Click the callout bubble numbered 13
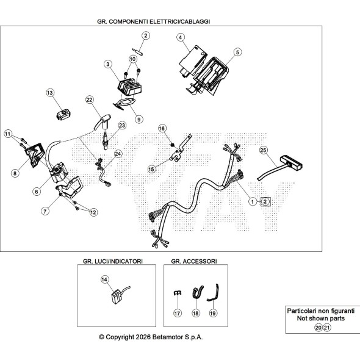[50, 93]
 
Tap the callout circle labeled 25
[264, 150]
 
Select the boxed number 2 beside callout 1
[265, 202]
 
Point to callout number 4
[181, 37]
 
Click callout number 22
[89, 100]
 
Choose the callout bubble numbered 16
[162, 128]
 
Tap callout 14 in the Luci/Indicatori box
[104, 279]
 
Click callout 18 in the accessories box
[196, 313]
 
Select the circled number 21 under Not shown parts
[327, 328]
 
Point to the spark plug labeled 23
[105, 140]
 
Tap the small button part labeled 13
[63, 114]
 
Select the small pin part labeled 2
[138, 51]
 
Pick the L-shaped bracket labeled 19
[212, 293]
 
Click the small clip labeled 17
[178, 293]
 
